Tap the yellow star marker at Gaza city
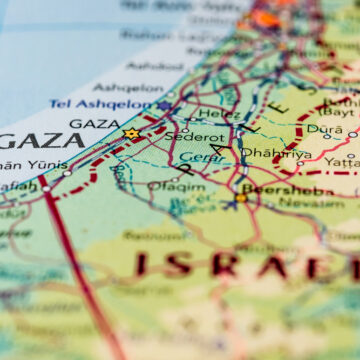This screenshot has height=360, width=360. point(130,133)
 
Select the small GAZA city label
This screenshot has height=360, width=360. point(96,124)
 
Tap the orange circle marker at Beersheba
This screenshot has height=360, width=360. point(241,198)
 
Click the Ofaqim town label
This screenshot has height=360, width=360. point(176,186)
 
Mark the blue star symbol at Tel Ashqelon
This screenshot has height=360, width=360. point(164,105)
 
